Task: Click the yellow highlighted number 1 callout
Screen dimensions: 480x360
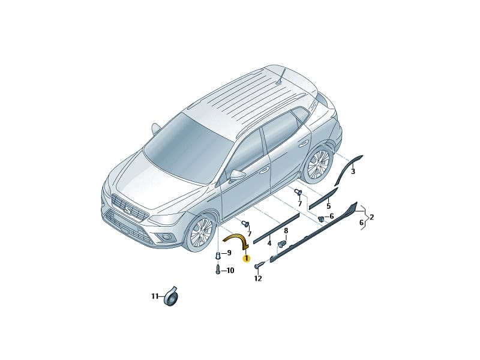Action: pyautogui.click(x=247, y=259)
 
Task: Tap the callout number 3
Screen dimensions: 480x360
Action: pyautogui.click(x=353, y=172)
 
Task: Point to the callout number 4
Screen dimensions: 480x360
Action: pyautogui.click(x=269, y=244)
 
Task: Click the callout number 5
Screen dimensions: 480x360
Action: pyautogui.click(x=328, y=206)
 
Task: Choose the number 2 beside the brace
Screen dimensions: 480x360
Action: pyautogui.click(x=372, y=217)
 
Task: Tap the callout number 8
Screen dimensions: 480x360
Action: pyautogui.click(x=286, y=230)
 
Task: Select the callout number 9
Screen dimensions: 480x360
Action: pyautogui.click(x=229, y=253)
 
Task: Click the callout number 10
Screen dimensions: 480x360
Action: pyautogui.click(x=230, y=271)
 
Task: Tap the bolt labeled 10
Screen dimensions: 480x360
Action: pyautogui.click(x=218, y=270)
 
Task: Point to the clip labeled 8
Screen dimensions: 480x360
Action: pyautogui.click(x=281, y=244)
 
